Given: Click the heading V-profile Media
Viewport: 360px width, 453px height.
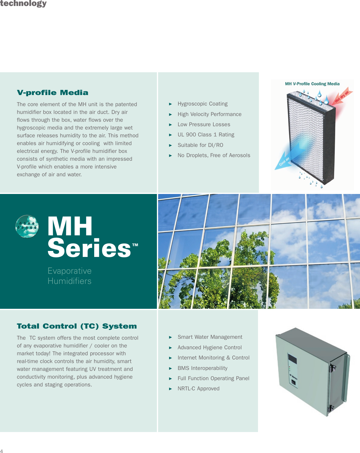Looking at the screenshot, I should coord(52,93).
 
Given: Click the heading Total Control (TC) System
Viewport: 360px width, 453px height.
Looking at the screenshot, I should coord(77,326).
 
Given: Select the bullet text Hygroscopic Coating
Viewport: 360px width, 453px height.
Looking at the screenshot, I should coord(202,104).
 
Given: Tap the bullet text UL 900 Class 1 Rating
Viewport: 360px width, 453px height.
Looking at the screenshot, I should coord(206,135).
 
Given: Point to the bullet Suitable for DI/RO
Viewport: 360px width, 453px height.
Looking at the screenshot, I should coord(200,145).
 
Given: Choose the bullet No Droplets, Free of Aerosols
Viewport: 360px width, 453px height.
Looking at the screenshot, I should coord(214,155).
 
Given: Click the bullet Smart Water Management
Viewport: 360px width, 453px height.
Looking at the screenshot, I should coord(210,337).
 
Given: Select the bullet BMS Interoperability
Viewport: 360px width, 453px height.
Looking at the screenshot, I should coord(202,368).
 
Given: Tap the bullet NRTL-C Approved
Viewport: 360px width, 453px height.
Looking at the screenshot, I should coord(198,389).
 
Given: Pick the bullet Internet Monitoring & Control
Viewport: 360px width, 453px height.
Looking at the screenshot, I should coord(213,358).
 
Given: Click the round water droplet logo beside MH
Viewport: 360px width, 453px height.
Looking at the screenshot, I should coord(27,226).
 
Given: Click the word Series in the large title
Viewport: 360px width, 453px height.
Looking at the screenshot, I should coord(89,248).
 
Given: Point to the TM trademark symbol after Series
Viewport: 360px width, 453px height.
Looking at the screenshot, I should coord(135,245).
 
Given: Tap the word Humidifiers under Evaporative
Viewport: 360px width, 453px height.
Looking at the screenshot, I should coord(69,281).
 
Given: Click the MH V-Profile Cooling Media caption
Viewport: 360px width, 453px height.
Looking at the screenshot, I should coord(312,84).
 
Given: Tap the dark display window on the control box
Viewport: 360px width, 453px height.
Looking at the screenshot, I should coord(292,359).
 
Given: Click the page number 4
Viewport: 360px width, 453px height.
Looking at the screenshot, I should coord(1,451).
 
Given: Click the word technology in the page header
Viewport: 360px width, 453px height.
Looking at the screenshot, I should coord(23,4).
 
